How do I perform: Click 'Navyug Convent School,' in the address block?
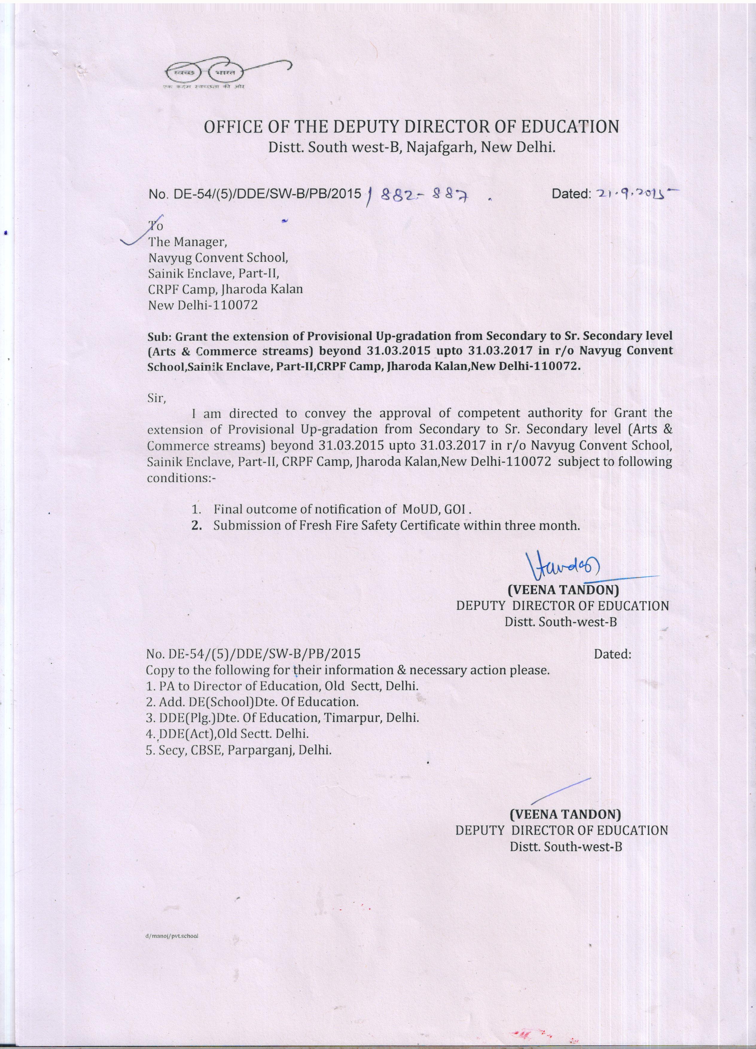(x=218, y=258)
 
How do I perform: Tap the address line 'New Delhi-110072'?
(x=202, y=305)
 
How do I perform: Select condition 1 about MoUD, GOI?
(x=332, y=509)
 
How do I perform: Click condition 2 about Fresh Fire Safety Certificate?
(x=386, y=526)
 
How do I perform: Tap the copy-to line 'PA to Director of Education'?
(x=282, y=686)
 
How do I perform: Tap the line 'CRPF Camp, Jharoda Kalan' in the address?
(x=225, y=289)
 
